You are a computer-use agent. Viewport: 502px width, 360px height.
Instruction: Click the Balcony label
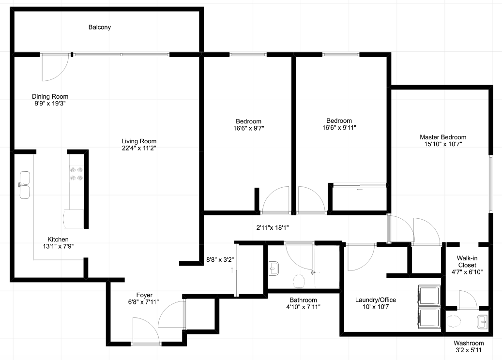(100, 27)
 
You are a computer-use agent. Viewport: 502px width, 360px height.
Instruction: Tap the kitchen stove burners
(76, 174)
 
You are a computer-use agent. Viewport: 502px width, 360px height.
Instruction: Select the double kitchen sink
(25, 185)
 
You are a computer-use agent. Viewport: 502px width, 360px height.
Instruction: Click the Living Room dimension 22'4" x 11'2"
(138, 148)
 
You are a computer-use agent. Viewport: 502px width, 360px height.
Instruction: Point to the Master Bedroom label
(443, 137)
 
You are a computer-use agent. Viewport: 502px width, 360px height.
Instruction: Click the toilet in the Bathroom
(299, 281)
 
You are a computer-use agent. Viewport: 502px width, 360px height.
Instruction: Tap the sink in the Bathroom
(274, 268)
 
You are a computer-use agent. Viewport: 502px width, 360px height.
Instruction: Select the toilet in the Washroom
(453, 321)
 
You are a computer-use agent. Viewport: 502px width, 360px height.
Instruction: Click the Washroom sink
(482, 322)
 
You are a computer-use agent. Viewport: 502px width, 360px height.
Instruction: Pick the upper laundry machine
(430, 296)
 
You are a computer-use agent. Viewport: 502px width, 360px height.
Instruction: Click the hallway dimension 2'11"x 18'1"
(273, 228)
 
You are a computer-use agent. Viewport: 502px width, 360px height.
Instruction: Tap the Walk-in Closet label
(467, 261)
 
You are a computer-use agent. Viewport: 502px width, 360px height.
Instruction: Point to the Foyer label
(144, 295)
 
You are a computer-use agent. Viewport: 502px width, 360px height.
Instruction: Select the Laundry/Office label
(376, 300)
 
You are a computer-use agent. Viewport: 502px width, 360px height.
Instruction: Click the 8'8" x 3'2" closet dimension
(220, 260)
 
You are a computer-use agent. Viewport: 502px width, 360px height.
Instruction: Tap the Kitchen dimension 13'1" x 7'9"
(58, 246)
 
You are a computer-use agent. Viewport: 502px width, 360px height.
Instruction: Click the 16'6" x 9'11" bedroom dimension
(339, 128)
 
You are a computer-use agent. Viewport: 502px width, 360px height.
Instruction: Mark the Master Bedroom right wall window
(490, 184)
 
